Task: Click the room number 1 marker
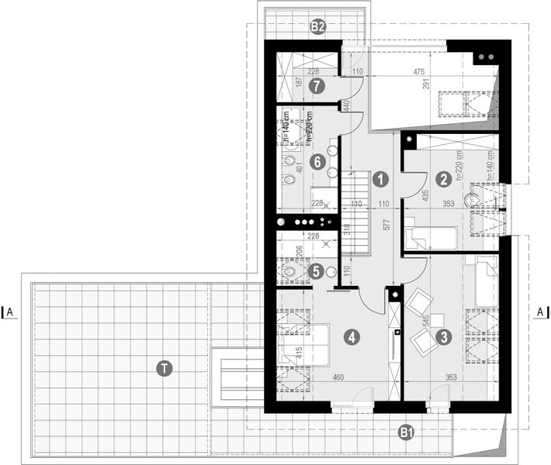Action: [x=379, y=179]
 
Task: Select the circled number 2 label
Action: [x=443, y=179]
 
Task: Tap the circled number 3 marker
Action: [x=444, y=337]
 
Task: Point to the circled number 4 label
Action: [x=352, y=337]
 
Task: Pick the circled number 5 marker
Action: [x=315, y=271]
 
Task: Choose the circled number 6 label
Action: [x=316, y=163]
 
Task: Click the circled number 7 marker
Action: [x=316, y=87]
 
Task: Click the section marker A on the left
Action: [x=11, y=312]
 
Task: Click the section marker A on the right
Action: [x=539, y=312]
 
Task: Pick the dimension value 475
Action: [x=419, y=72]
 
